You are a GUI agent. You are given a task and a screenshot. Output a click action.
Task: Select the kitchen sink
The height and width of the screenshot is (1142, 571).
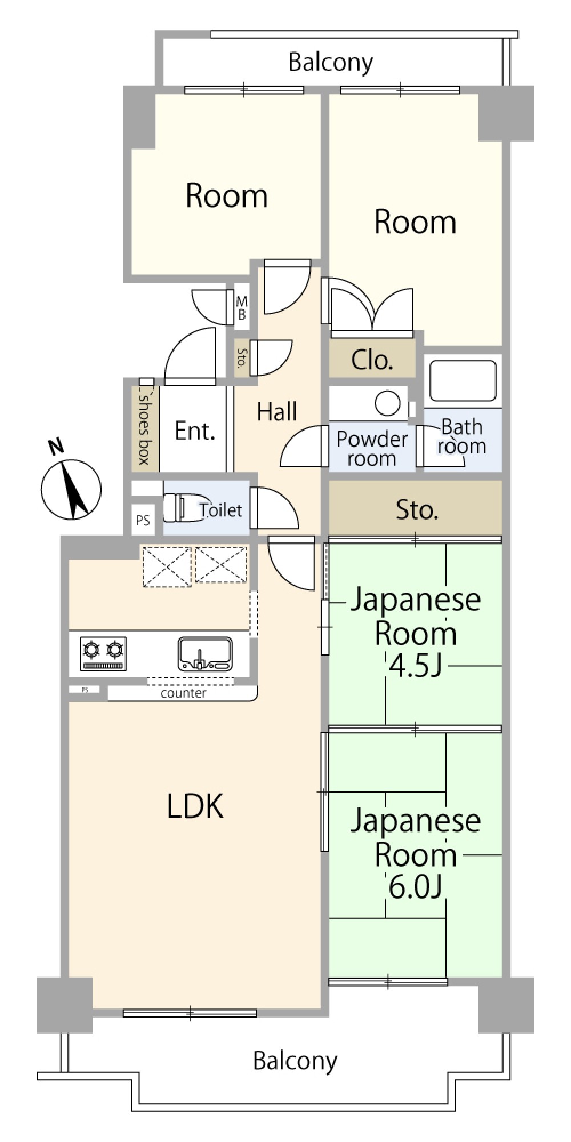[205, 654]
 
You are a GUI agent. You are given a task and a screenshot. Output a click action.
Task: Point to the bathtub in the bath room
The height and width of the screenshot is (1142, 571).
[463, 380]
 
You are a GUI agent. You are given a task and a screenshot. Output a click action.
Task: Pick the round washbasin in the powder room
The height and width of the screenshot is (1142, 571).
[387, 404]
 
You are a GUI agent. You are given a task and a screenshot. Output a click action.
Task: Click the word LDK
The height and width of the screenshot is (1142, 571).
[195, 806]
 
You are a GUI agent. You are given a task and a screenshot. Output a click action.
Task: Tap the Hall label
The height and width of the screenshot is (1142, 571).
[276, 412]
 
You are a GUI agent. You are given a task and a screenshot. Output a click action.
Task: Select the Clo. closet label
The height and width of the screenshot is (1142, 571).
[372, 360]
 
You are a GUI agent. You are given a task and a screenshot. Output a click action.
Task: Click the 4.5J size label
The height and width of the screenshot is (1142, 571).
[415, 665]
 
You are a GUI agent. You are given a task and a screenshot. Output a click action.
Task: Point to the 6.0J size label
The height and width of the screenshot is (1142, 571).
[415, 886]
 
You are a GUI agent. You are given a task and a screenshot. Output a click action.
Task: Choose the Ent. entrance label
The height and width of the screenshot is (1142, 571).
[195, 431]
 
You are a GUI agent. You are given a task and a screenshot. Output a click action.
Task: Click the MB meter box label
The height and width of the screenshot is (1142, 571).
[242, 308]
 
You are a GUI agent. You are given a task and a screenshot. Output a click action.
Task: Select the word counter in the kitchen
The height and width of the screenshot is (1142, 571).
[183, 693]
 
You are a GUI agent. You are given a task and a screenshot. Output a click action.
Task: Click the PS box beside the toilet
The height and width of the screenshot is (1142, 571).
[143, 520]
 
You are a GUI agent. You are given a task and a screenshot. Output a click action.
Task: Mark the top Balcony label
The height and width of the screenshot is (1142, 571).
[331, 62]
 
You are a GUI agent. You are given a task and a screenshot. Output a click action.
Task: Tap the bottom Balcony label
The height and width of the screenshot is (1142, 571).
[295, 1061]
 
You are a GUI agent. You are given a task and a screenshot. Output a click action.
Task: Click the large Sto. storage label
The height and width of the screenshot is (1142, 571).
[417, 509]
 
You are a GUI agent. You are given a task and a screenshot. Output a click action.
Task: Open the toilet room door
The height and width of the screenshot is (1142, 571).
[273, 507]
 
